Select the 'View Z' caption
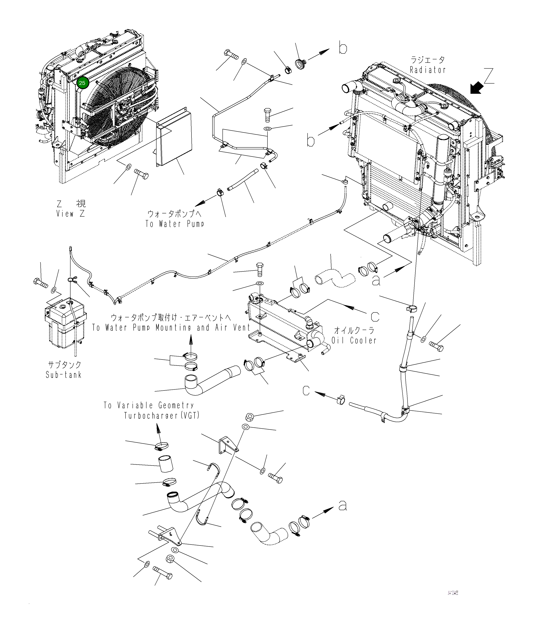[x=71, y=214]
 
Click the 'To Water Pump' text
[x=175, y=224]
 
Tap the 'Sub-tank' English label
[x=64, y=375]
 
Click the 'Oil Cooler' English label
[x=354, y=340]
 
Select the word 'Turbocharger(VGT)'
[x=162, y=415]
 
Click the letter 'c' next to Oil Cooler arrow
[x=375, y=317]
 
